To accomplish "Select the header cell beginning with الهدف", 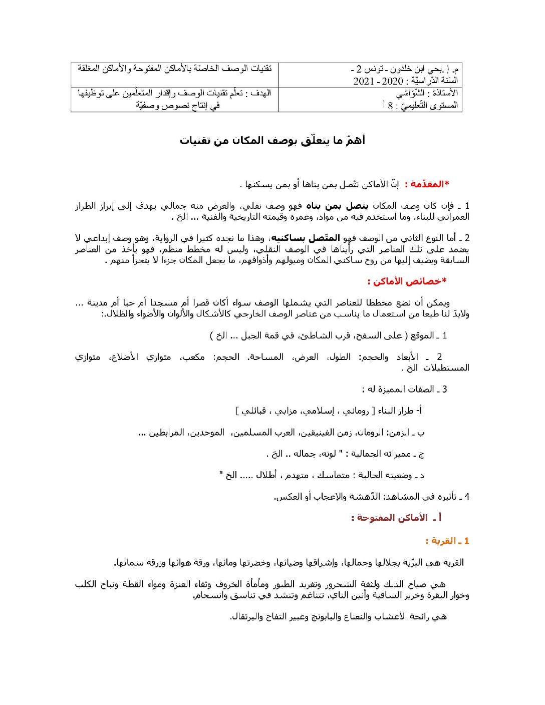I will [174, 99].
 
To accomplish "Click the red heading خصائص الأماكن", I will [407, 281].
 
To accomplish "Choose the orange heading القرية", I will [441, 541].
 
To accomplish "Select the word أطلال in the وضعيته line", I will [266, 475].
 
